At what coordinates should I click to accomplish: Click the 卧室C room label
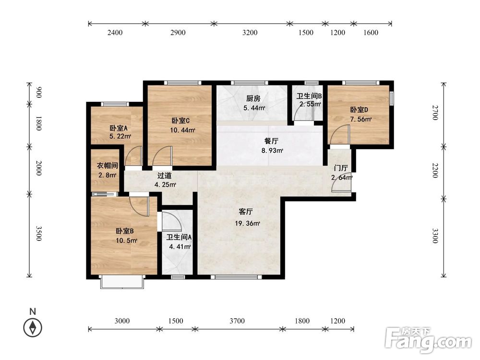point(180,121)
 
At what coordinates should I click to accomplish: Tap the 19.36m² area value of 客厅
point(247,224)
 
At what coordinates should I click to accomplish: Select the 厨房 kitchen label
point(253,98)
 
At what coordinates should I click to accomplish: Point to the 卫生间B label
point(309,96)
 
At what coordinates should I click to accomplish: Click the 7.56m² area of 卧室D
point(361,120)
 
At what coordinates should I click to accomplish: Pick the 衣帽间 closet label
point(108,166)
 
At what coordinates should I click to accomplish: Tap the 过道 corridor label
point(164,176)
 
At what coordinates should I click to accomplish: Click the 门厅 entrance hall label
point(341,168)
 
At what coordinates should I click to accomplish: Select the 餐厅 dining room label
point(272,141)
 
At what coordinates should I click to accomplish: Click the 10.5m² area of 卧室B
point(126,240)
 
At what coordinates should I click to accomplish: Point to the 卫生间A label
point(179,237)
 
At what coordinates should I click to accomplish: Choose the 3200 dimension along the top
point(250,33)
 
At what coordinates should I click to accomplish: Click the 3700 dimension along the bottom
point(237,321)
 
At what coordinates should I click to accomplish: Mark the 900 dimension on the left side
point(39,93)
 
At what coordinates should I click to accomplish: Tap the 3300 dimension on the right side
point(435,236)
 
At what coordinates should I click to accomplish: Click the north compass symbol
point(33,328)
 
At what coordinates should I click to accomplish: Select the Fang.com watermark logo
point(428,340)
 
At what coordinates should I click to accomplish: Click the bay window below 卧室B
point(122,282)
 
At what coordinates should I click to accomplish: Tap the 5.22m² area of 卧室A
point(120,136)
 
